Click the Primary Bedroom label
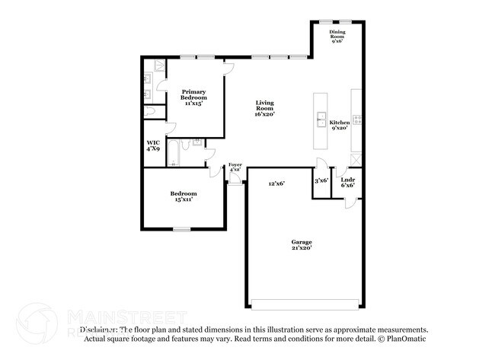pos(194,96)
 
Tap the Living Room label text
pos(264,107)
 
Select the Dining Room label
pos(337,37)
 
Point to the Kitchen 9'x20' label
pos(339,125)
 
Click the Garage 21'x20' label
pos(302,244)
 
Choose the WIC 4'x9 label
pos(154,145)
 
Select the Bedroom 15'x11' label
pos(184,196)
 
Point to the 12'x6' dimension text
pos(276,183)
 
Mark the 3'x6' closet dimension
pos(321,180)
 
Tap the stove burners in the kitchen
pos(356,119)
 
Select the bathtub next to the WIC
pos(173,153)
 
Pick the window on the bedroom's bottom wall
pos(181,228)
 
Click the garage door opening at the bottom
pos(302,304)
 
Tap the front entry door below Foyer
pos(235,180)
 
